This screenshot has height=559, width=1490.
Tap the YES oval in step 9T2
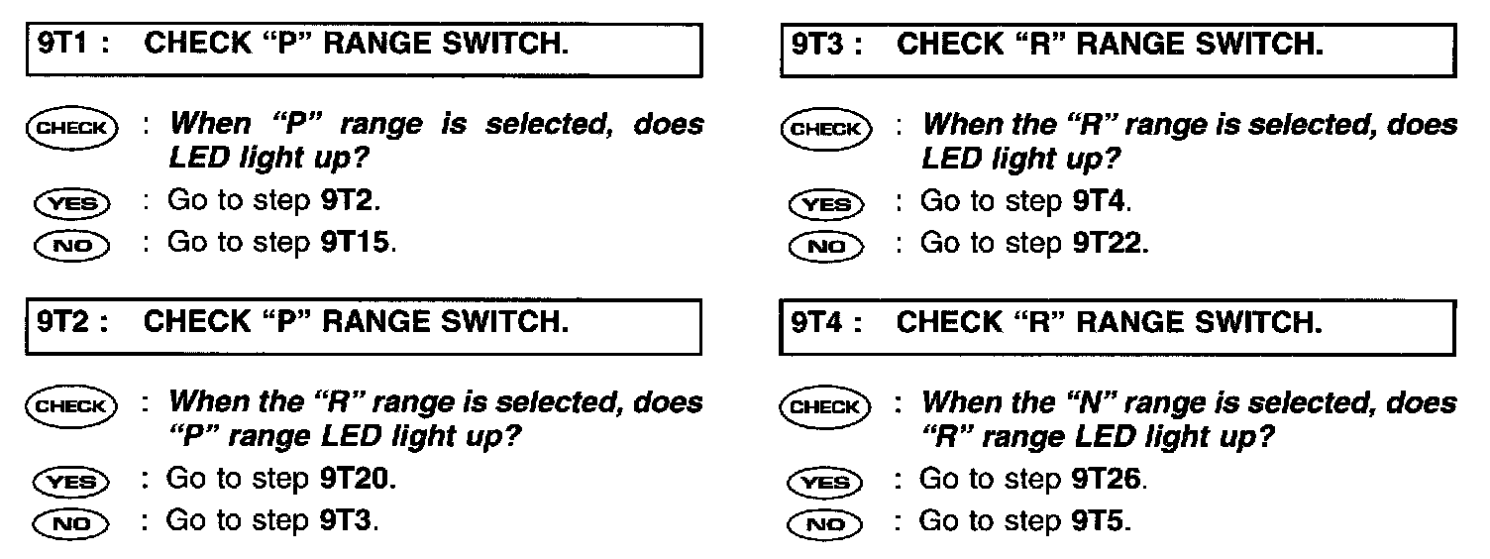(72, 483)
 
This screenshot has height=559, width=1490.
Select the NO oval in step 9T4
(824, 522)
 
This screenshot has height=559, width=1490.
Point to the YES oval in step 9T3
(824, 205)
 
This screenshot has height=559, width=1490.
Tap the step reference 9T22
(1110, 243)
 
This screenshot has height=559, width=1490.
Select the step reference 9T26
(1110, 480)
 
